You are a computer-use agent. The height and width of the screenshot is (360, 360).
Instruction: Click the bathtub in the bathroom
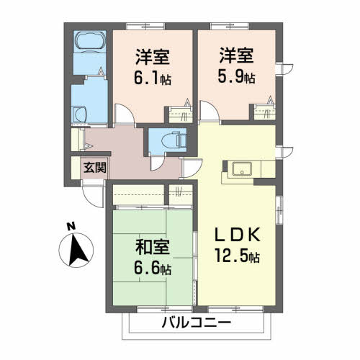coord(90,41)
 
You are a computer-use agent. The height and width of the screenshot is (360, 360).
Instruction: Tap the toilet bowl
coord(171,140)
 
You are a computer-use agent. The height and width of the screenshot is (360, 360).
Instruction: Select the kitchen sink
coord(242,168)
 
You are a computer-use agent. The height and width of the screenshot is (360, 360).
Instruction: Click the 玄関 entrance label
coord(95,168)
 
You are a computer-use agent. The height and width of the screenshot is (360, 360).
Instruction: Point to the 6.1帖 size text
coord(153,78)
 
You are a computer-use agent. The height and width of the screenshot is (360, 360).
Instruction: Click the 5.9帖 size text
coord(236,76)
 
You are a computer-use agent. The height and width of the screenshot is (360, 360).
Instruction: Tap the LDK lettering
coord(238,235)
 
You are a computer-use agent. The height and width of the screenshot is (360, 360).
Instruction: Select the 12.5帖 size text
coord(237,256)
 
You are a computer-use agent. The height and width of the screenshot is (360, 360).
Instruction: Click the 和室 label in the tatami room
coord(153,247)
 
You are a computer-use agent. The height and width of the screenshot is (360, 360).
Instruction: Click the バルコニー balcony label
coord(196,323)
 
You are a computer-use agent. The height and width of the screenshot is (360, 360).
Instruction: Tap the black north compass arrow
coord(78,251)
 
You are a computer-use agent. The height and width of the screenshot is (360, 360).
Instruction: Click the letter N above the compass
coord(71,227)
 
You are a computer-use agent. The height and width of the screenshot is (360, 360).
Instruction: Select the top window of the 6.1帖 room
coord(145,26)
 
